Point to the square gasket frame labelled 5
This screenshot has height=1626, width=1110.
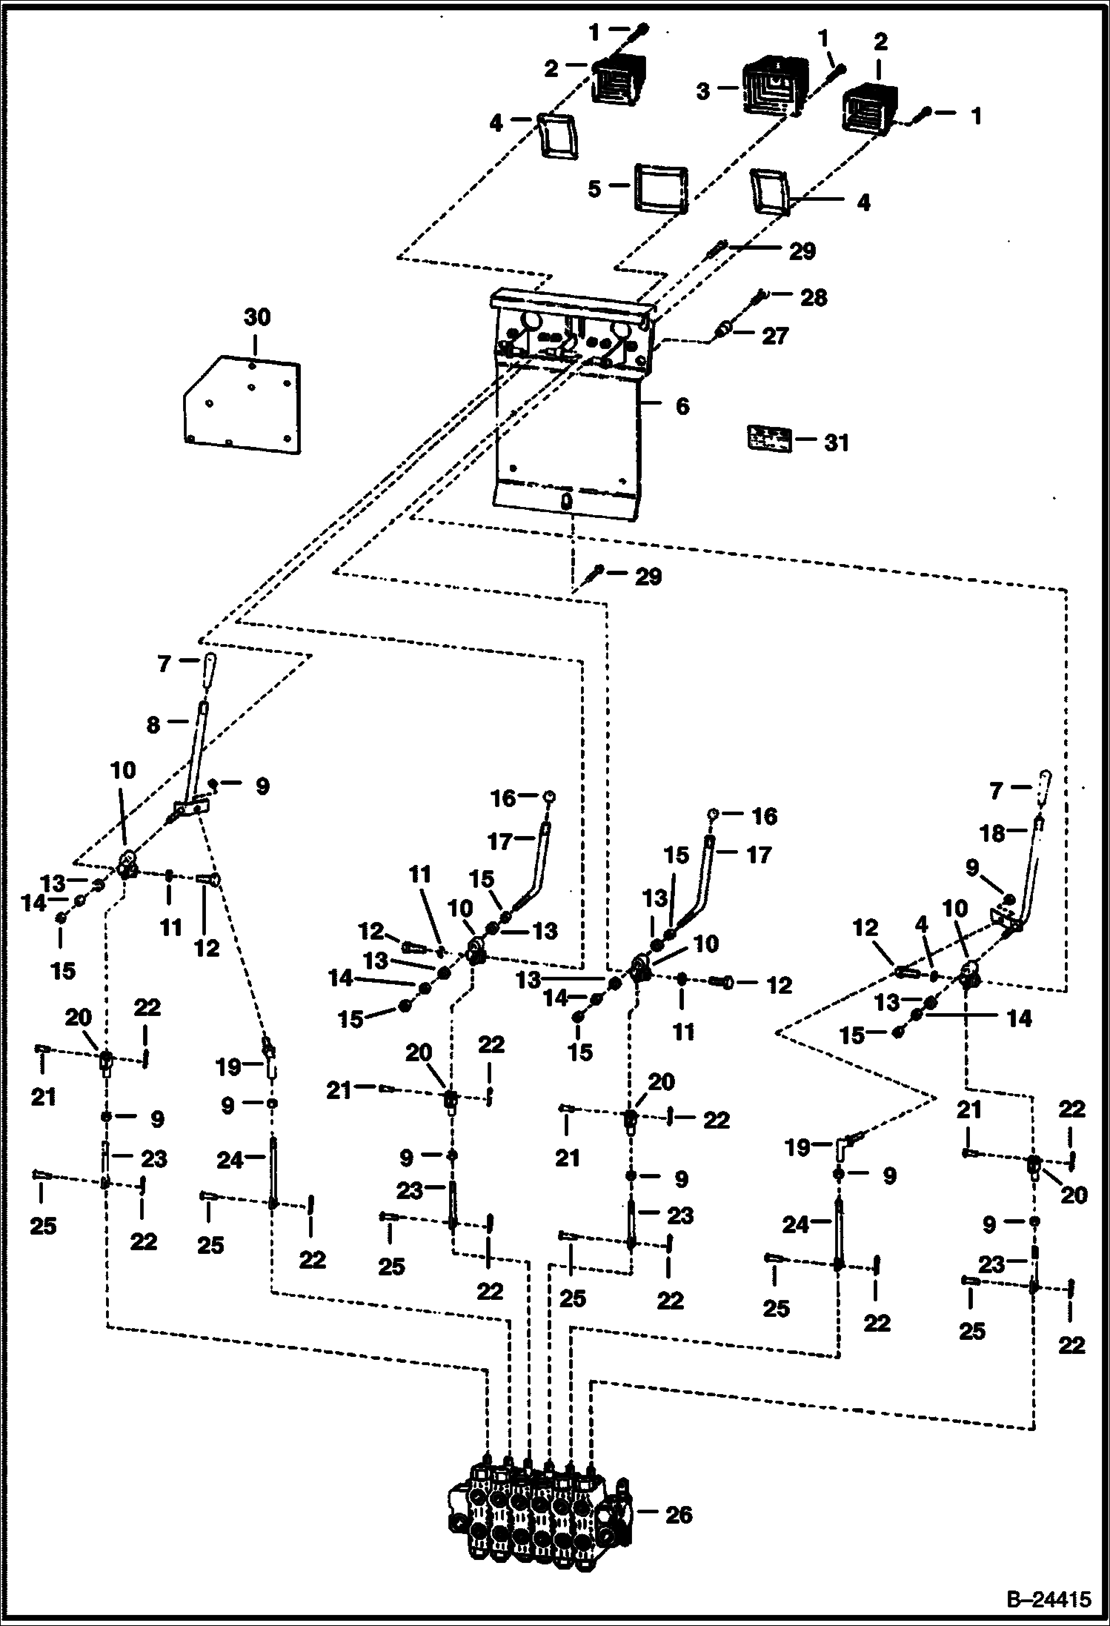660,188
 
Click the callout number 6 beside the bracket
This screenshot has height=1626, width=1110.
682,406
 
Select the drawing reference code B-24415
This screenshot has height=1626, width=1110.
1048,1599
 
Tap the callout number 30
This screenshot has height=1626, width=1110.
257,317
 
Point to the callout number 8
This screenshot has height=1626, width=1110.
153,724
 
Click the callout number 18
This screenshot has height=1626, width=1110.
993,834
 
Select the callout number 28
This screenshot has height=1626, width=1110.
814,297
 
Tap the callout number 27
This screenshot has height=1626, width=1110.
775,336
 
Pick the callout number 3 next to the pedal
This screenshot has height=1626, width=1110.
703,90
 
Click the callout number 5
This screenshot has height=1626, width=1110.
594,189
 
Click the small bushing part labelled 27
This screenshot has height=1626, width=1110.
723,329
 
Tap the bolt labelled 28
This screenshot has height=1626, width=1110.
759,297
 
